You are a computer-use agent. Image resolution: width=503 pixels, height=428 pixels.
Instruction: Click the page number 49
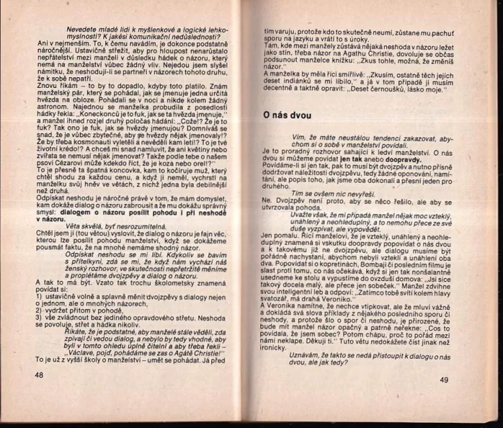pos(444,380)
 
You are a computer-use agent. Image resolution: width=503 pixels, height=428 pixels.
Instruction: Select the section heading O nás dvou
pos(287,115)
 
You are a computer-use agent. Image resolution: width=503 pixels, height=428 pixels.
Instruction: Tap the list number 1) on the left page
pos(39,296)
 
